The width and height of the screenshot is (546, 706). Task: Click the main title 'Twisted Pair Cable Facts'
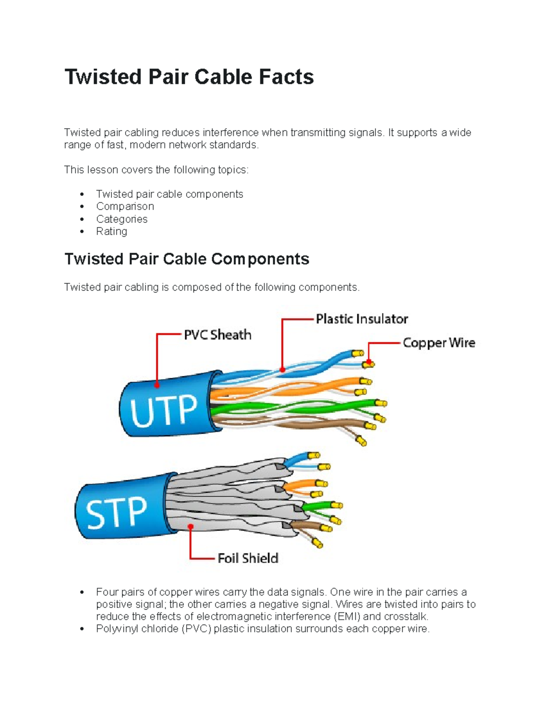[x=189, y=77]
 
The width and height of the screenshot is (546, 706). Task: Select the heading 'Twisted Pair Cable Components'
[x=187, y=259]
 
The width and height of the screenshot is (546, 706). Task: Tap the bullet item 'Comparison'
[x=125, y=206]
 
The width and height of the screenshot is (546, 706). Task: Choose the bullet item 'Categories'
[x=121, y=219]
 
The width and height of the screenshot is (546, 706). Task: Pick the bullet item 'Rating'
[x=111, y=231]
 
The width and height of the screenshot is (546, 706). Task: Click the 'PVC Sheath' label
[x=217, y=335]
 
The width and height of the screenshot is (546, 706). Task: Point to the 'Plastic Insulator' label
[x=362, y=319]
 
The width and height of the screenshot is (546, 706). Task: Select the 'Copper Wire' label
[x=439, y=343]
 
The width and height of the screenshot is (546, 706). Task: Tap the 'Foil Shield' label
[x=248, y=558]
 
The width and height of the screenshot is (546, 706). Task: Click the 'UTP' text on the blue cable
[x=164, y=411]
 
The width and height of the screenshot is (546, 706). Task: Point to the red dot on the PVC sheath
[x=157, y=385]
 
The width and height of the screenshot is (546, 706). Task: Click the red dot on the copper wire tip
[x=369, y=363]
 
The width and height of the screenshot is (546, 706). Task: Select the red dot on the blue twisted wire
[x=282, y=370]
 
